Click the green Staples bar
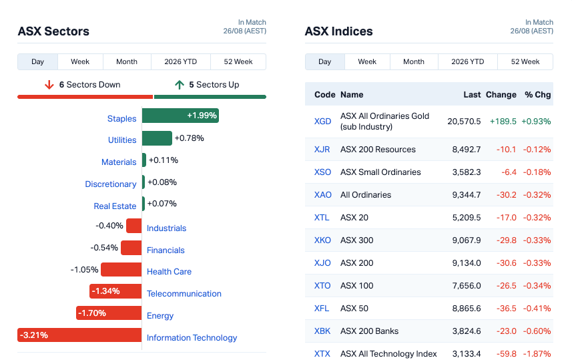180,116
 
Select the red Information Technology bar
79,335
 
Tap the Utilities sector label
122,140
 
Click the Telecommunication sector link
184,294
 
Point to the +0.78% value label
190,138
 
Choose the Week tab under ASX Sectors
80,61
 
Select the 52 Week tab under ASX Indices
525,61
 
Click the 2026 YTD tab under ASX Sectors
181,61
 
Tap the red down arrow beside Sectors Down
49,85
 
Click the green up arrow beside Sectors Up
180,85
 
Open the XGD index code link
323,121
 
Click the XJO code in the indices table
322,263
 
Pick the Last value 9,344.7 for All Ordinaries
467,194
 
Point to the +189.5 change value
503,121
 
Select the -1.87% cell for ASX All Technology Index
537,353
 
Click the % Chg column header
538,95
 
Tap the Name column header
352,95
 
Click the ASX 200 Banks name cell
370,331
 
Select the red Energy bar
109,313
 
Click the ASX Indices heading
339,31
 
